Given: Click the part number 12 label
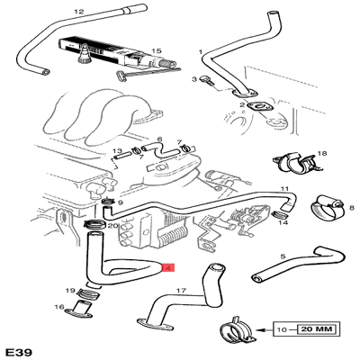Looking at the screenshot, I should [78, 12].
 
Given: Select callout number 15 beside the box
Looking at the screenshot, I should [156, 51].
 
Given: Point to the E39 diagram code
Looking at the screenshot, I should [20, 348].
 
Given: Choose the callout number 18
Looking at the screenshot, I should [322, 154].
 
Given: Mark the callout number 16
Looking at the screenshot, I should [58, 308].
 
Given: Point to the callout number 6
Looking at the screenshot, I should [159, 139].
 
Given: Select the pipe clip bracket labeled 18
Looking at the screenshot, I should [292, 163].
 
